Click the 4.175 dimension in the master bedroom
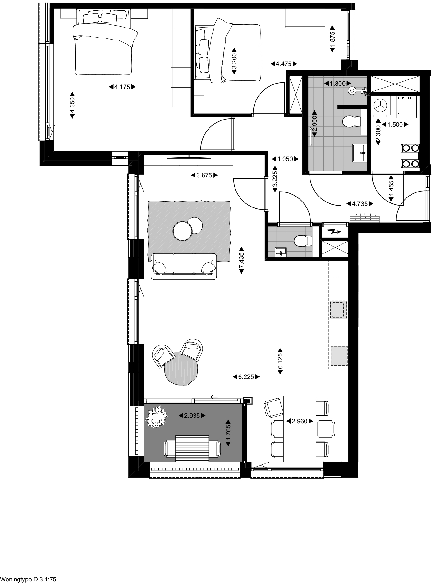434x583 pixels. pyautogui.click(x=122, y=87)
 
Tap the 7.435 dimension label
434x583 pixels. pyautogui.click(x=241, y=260)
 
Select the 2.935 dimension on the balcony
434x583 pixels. pyautogui.click(x=192, y=416)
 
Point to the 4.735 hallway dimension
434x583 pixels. pyautogui.click(x=360, y=204)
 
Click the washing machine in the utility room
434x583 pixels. pyautogui.click(x=381, y=106)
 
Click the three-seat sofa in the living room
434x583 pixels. pyautogui.click(x=184, y=266)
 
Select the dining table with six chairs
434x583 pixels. pyautogui.click(x=300, y=429)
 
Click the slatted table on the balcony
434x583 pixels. pyautogui.click(x=192, y=448)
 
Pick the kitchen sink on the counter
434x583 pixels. pyautogui.click(x=338, y=310)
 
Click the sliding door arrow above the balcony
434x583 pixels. pyautogui.click(x=214, y=397)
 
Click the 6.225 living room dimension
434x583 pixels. pyautogui.click(x=246, y=377)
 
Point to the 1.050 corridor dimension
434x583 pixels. pyautogui.click(x=285, y=159)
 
